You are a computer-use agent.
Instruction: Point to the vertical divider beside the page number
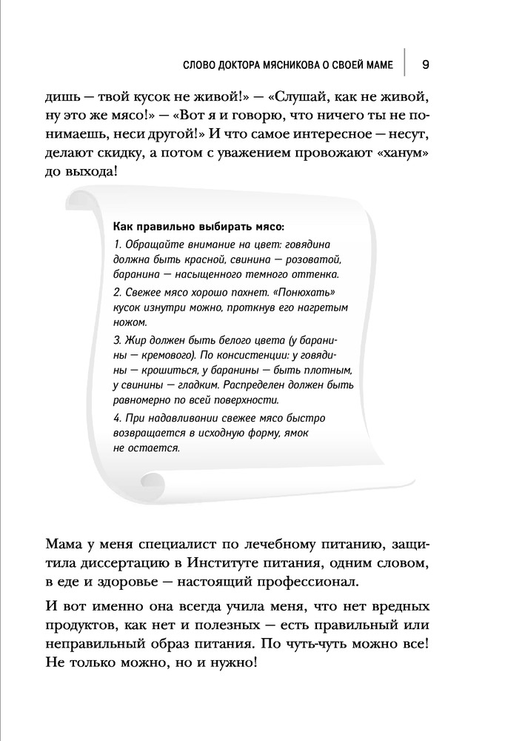tap(405, 63)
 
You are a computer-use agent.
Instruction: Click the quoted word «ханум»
tap(398, 152)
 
